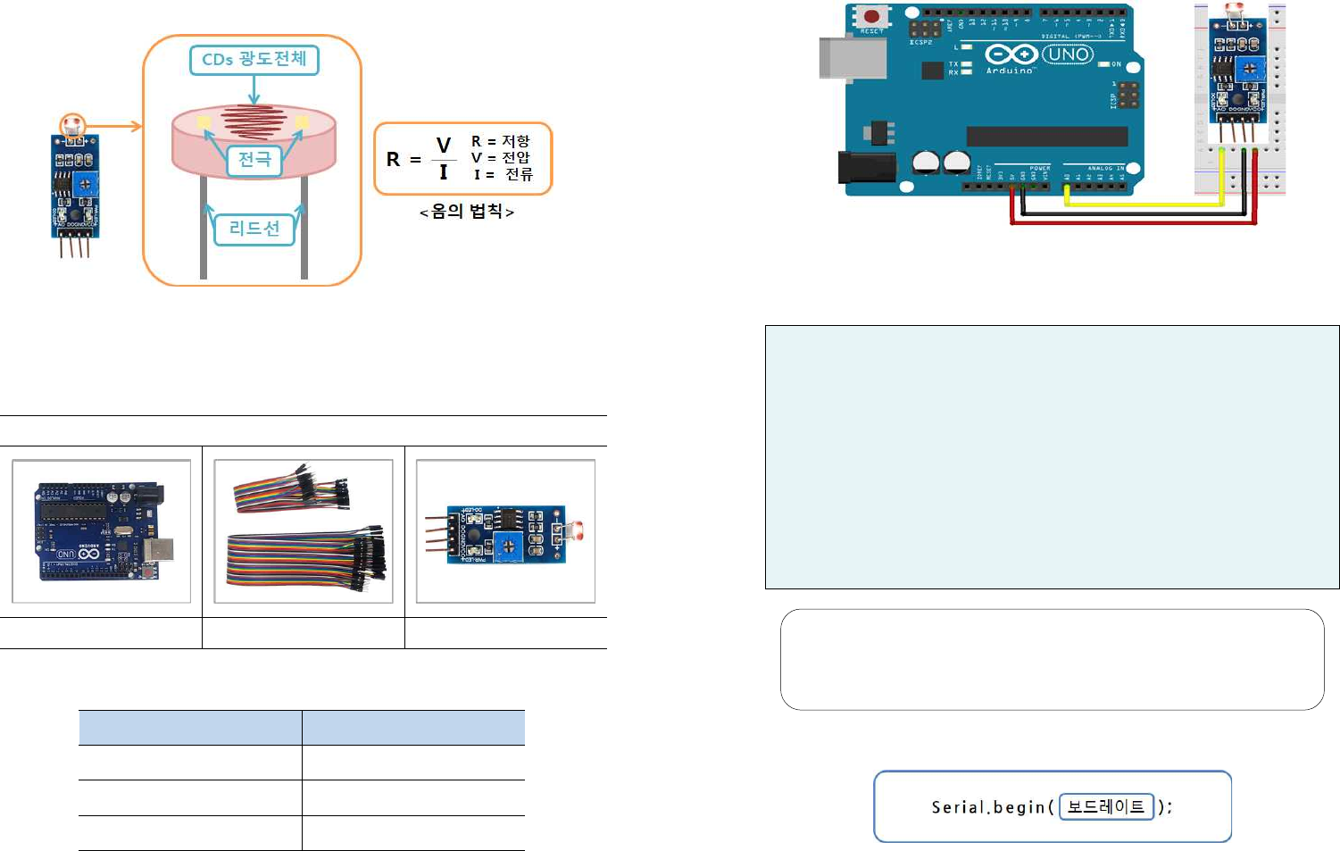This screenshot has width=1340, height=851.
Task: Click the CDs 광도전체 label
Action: click(254, 60)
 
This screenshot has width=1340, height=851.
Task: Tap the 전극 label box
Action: click(254, 160)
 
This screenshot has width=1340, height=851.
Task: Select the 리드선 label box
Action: click(254, 229)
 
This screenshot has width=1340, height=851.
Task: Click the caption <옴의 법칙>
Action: click(467, 212)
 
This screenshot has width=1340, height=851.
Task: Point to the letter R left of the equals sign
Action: click(393, 160)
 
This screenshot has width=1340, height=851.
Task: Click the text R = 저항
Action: click(500, 141)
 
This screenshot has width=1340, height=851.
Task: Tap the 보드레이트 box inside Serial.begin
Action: click(1106, 806)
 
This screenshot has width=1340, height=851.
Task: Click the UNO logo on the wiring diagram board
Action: click(1068, 54)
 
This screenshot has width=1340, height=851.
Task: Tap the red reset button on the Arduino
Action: click(870, 17)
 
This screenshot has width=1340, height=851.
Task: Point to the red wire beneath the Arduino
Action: click(1134, 221)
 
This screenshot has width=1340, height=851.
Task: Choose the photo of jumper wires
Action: click(304, 531)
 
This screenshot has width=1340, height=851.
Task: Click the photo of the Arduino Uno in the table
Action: click(101, 531)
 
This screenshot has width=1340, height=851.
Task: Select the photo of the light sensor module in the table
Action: click(505, 531)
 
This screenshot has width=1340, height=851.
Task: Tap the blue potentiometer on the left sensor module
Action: click(87, 184)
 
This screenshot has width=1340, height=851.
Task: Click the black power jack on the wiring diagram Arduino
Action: click(858, 167)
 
